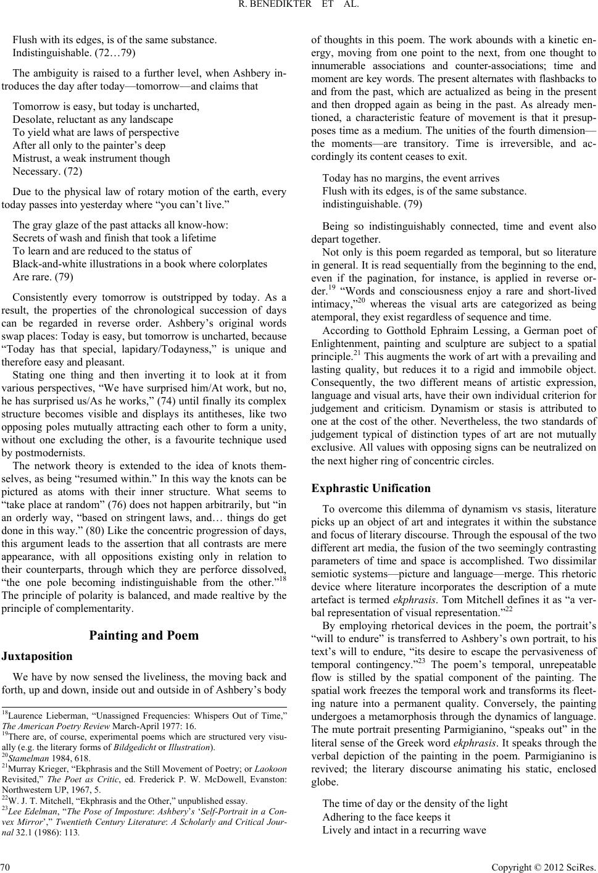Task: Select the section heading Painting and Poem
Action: tap(144, 635)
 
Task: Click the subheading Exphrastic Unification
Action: tap(371, 488)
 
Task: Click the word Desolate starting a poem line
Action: tap(31, 119)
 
